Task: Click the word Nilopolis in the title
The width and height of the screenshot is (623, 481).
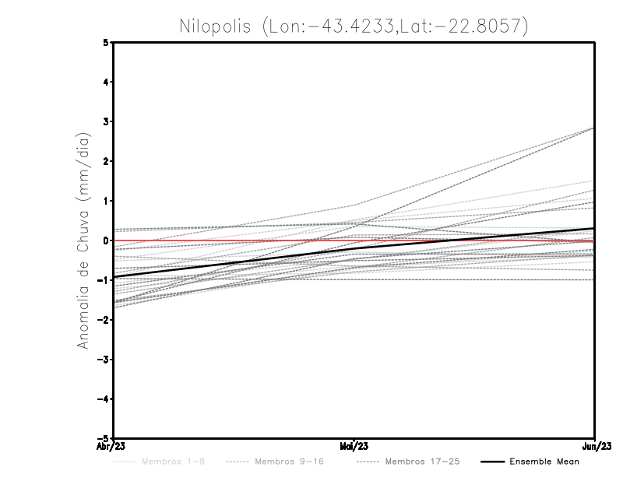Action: (213, 26)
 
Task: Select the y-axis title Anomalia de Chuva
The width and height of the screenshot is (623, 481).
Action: (83, 240)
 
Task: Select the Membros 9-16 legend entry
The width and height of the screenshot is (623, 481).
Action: (288, 462)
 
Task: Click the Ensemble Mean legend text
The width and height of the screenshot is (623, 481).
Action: (544, 462)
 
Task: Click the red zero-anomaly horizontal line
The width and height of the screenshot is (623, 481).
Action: (234, 240)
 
